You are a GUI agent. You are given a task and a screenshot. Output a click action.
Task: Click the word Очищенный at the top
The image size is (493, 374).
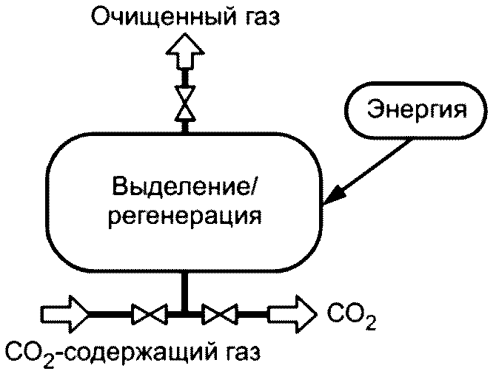click(164, 16)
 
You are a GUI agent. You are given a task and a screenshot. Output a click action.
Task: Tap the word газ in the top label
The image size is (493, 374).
click(261, 18)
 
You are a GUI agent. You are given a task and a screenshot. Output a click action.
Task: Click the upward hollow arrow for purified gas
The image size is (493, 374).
click(185, 52)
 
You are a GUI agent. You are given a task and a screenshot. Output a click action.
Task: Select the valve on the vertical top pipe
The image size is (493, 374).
click(185, 103)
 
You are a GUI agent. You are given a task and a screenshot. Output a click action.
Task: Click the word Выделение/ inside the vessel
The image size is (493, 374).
click(184, 186)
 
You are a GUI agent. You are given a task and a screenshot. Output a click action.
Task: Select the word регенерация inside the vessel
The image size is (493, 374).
click(185, 216)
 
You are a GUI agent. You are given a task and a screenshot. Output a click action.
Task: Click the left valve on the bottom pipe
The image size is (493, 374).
click(149, 313)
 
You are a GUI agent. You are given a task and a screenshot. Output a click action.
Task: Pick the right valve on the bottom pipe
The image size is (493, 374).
click(220, 313)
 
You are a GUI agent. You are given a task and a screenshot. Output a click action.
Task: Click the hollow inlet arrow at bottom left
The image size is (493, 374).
click(64, 313)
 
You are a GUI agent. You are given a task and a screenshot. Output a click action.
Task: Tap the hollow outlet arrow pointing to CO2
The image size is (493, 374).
click(292, 313)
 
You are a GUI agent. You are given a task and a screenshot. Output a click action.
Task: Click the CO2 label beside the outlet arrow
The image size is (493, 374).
click(352, 316)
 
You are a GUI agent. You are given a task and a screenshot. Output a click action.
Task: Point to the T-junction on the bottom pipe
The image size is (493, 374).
click(185, 313)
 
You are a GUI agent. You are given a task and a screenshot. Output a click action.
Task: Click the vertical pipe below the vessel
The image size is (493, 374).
click(185, 291)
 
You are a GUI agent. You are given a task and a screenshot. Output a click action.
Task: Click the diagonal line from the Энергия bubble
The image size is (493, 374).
click(367, 171)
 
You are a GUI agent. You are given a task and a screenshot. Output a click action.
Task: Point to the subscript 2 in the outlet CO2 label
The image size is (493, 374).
click(371, 323)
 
